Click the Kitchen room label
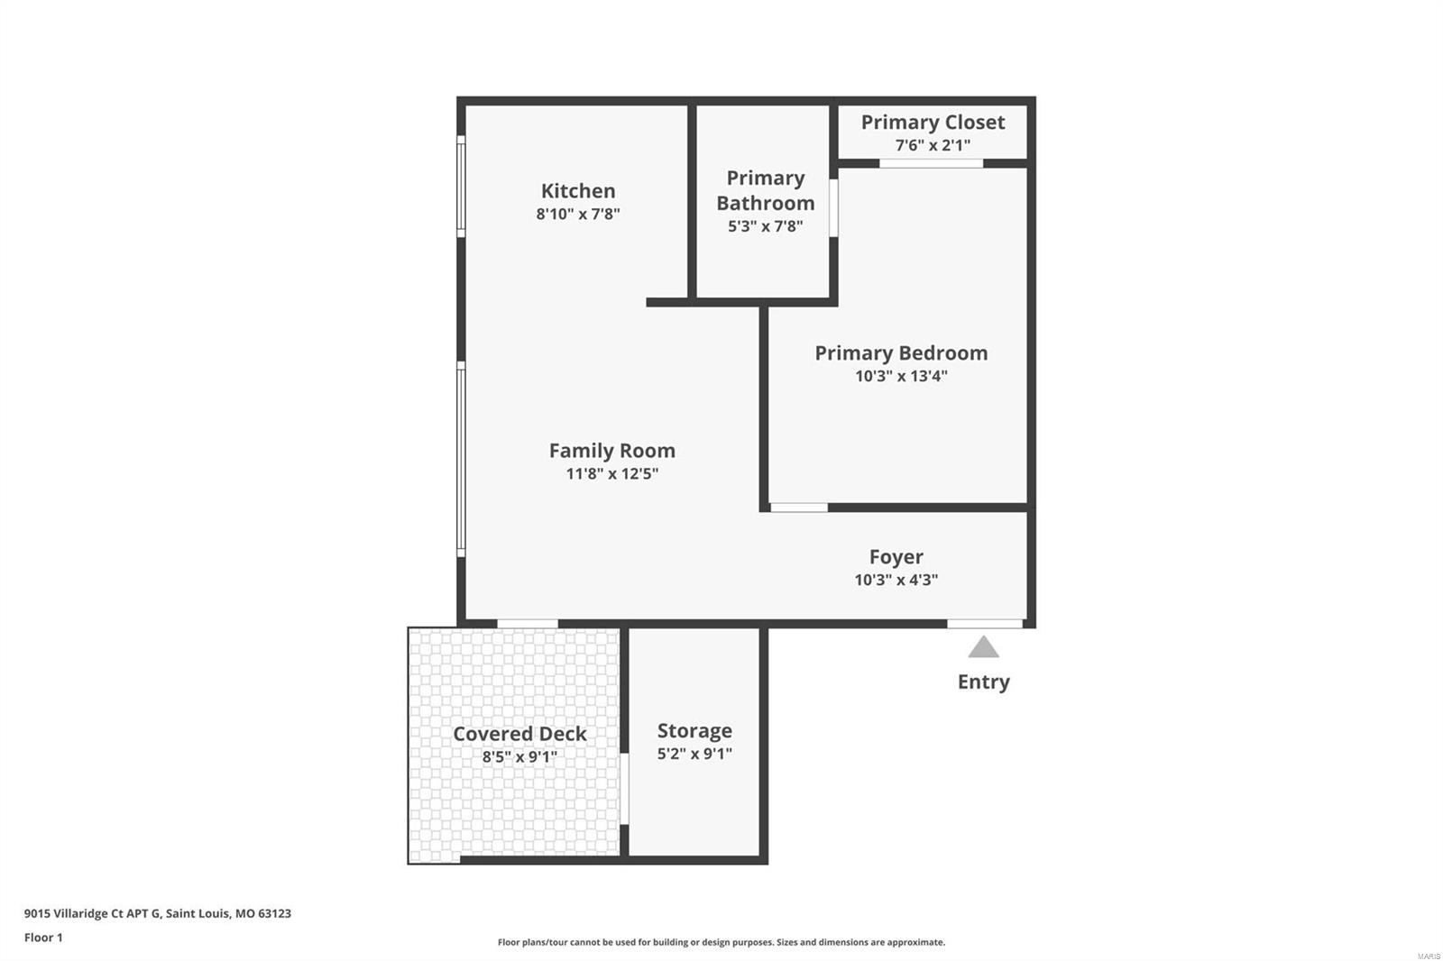pyautogui.click(x=578, y=190)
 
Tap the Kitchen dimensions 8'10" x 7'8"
pyautogui.click(x=578, y=214)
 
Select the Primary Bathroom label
pyautogui.click(x=766, y=190)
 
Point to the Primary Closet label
pyautogui.click(x=933, y=123)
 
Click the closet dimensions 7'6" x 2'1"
pyautogui.click(x=933, y=145)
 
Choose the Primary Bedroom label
pyautogui.click(x=901, y=353)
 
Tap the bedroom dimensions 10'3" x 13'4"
pyautogui.click(x=901, y=376)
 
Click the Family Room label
pyautogui.click(x=612, y=451)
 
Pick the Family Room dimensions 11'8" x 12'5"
pyautogui.click(x=612, y=474)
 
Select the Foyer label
pyautogui.click(x=896, y=556)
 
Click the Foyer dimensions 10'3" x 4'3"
pyautogui.click(x=896, y=580)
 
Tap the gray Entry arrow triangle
pyautogui.click(x=984, y=647)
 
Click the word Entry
pyautogui.click(x=984, y=682)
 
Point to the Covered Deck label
pyautogui.click(x=519, y=734)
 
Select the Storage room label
pyautogui.click(x=694, y=730)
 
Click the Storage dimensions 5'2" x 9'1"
pyautogui.click(x=694, y=754)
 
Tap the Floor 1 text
pyautogui.click(x=44, y=938)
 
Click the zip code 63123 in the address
pyautogui.click(x=274, y=913)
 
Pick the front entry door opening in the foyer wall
pyautogui.click(x=984, y=624)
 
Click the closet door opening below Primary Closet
pyautogui.click(x=932, y=163)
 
